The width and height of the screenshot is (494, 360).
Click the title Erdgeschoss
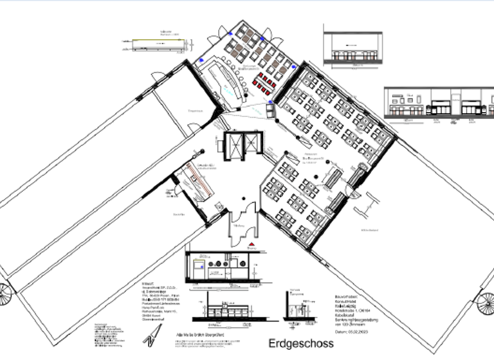[x=301, y=343]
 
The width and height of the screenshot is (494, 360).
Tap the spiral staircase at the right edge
[x=486, y=301]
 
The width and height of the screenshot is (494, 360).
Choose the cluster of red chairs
[x=265, y=82]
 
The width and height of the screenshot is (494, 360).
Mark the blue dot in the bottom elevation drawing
[x=202, y=264]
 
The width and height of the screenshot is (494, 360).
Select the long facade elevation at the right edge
[x=438, y=104]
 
